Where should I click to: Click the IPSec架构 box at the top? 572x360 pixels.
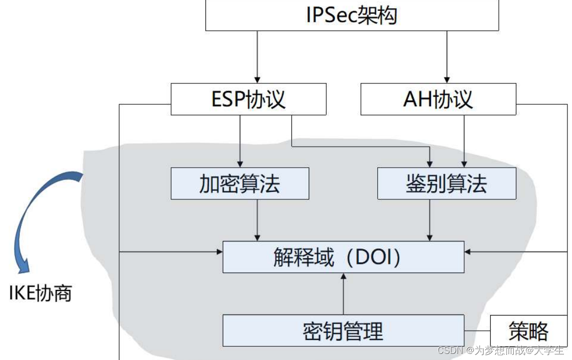(352, 15)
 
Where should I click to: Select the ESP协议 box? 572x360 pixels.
(248, 100)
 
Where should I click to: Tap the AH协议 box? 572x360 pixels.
(438, 100)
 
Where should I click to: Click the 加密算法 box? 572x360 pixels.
(240, 183)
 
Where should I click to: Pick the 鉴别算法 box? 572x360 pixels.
(446, 183)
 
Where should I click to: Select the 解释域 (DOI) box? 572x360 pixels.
(343, 257)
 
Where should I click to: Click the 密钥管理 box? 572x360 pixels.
(343, 331)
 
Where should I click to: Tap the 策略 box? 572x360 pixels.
(528, 331)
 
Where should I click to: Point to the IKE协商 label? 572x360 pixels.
(40, 293)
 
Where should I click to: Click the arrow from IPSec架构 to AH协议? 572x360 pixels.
(447, 56)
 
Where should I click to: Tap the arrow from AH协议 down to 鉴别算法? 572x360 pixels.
(464, 141)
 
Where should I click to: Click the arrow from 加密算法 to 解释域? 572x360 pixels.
(257, 220)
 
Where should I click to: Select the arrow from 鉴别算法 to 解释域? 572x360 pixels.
(430, 220)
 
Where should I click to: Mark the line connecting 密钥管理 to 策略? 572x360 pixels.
(477, 331)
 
